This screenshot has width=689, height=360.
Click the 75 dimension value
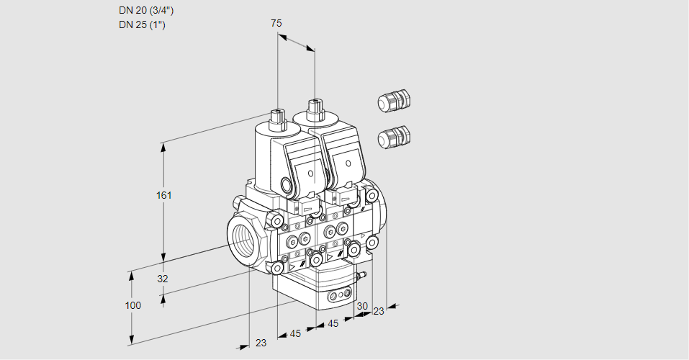(276, 23)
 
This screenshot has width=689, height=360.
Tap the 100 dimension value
(133, 305)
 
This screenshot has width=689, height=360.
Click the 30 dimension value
(362, 306)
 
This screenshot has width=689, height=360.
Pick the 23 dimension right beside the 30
(379, 311)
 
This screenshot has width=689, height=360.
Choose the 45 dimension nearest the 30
(333, 324)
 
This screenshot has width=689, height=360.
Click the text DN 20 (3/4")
(146, 11)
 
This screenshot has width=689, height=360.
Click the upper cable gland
(394, 101)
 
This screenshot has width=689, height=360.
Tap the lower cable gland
(394, 137)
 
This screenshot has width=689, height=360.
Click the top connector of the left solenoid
(277, 116)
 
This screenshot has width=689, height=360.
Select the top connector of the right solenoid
(314, 109)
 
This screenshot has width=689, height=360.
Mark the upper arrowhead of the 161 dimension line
(164, 146)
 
